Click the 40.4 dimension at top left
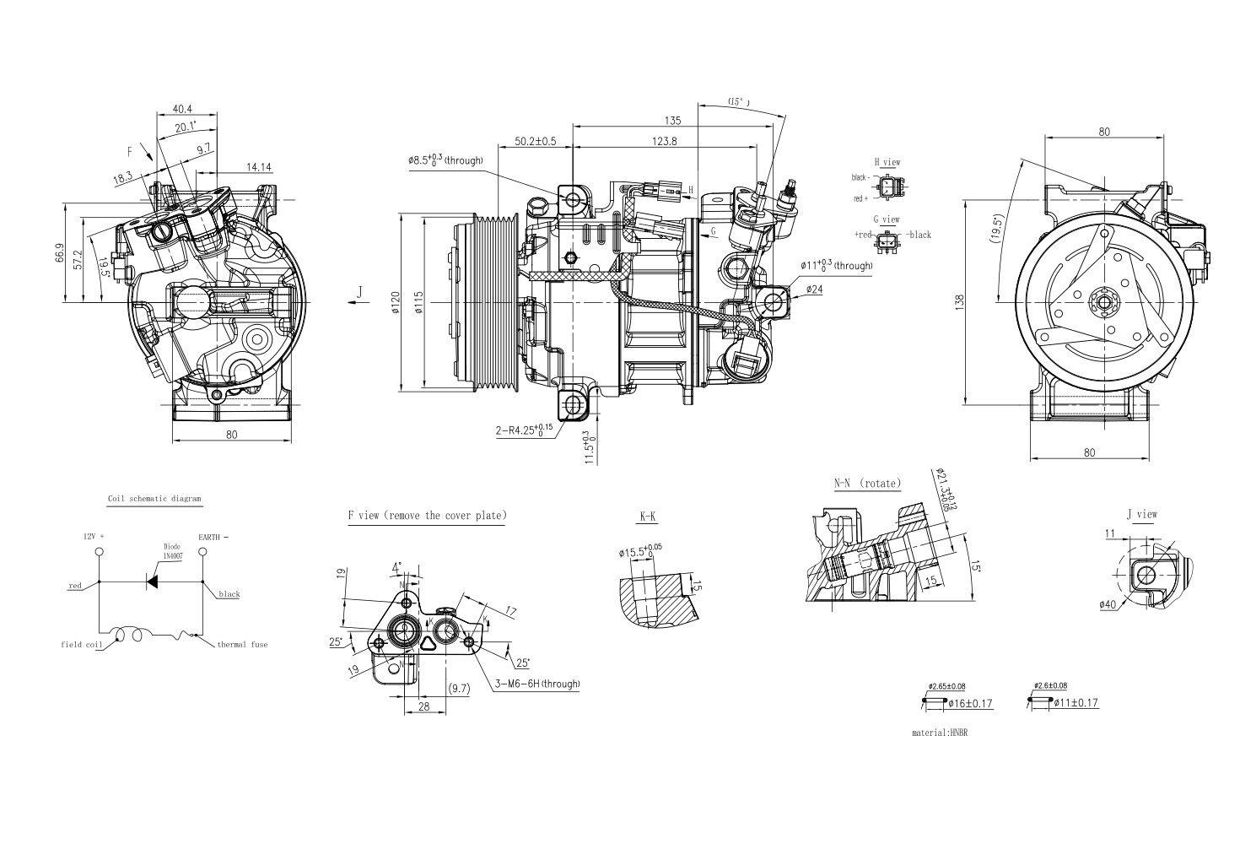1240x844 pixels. pyautogui.click(x=182, y=109)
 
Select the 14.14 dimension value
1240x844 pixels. pyautogui.click(x=259, y=167)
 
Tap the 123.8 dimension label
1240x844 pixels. pyautogui.click(x=664, y=141)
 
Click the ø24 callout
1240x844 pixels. pyautogui.click(x=814, y=289)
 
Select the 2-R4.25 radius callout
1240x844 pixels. pyautogui.click(x=524, y=430)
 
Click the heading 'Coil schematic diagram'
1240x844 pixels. pyautogui.click(x=154, y=499)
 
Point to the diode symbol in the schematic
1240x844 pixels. pyautogui.click(x=153, y=581)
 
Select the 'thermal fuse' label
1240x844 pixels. pyautogui.click(x=242, y=645)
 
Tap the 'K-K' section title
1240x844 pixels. pyautogui.click(x=648, y=515)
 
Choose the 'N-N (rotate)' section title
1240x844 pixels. pyautogui.click(x=867, y=484)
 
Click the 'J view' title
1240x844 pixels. pyautogui.click(x=1141, y=513)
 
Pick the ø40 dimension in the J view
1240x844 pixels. pyautogui.click(x=1108, y=604)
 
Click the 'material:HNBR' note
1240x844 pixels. pyautogui.click(x=940, y=733)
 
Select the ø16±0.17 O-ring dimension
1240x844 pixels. pyautogui.click(x=970, y=703)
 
